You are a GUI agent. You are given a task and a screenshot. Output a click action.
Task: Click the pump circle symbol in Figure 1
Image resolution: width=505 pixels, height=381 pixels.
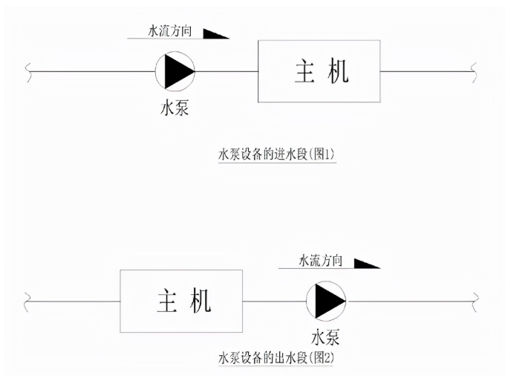(x=175, y=71)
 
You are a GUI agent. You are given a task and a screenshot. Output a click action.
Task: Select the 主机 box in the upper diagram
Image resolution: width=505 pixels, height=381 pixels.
(x=319, y=71)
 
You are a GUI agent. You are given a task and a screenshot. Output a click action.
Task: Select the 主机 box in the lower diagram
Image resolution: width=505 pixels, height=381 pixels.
(x=181, y=301)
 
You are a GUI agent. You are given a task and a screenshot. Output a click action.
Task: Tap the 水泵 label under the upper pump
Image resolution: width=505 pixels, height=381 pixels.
(x=175, y=108)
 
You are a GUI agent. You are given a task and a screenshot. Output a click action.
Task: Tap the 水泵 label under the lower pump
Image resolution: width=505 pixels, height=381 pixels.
(x=326, y=338)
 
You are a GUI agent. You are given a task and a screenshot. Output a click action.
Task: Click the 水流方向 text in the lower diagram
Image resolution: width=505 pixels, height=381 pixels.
(x=320, y=261)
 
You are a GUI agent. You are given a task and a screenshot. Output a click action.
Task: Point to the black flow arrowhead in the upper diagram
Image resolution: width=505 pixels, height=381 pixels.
(x=215, y=33)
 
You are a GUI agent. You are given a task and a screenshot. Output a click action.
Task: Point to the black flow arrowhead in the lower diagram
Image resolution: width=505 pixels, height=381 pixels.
(x=365, y=263)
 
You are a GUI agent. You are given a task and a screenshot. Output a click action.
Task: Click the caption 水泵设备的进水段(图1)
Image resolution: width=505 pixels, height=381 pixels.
(x=277, y=154)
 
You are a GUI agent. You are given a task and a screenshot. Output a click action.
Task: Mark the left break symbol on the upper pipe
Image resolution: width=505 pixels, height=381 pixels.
(x=28, y=72)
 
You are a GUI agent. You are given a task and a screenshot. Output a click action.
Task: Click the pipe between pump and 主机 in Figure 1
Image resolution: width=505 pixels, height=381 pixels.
(x=227, y=72)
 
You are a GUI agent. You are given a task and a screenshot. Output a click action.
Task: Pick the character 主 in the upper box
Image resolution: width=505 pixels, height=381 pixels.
(x=304, y=71)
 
